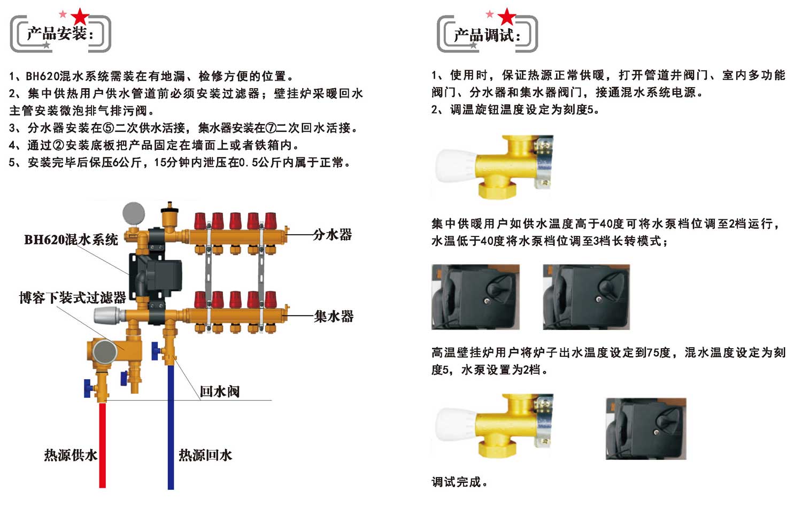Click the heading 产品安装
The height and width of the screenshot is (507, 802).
[x=59, y=34]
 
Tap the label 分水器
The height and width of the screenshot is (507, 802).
[x=332, y=235]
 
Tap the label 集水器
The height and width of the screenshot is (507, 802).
[x=334, y=317]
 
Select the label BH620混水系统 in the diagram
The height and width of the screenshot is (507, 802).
[x=71, y=240]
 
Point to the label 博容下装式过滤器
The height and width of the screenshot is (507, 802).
[x=72, y=297]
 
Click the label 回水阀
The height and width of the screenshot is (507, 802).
[x=219, y=391]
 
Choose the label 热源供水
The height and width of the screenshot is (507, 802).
[x=71, y=455]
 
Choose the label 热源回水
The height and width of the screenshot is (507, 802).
[x=205, y=455]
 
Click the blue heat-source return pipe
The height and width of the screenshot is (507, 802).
[x=171, y=428]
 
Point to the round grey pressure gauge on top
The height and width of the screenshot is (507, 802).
[x=134, y=213]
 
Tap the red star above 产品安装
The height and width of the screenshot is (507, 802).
[x=80, y=17]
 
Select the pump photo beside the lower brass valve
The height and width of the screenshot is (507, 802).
[x=646, y=428]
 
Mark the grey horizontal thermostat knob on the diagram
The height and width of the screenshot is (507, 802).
[x=109, y=314]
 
